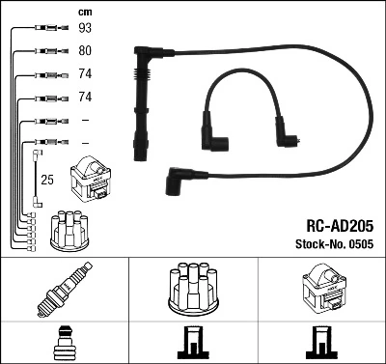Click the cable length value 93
[x=85, y=29]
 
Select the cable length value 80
[x=85, y=51]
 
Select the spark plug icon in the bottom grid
[x=64, y=289]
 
